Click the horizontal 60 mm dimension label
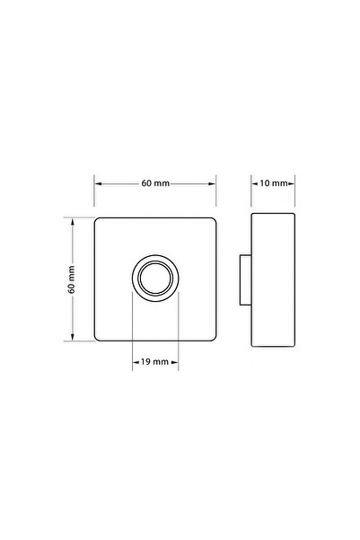155,183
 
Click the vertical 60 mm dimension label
72,279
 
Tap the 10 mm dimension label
273,183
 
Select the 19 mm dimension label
155,361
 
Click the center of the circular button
155,279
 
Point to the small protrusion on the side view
245,279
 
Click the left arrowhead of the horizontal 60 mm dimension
99,183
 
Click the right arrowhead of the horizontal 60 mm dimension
212,183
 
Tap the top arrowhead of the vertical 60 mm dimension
73,222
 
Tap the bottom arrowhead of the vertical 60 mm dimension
73,337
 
